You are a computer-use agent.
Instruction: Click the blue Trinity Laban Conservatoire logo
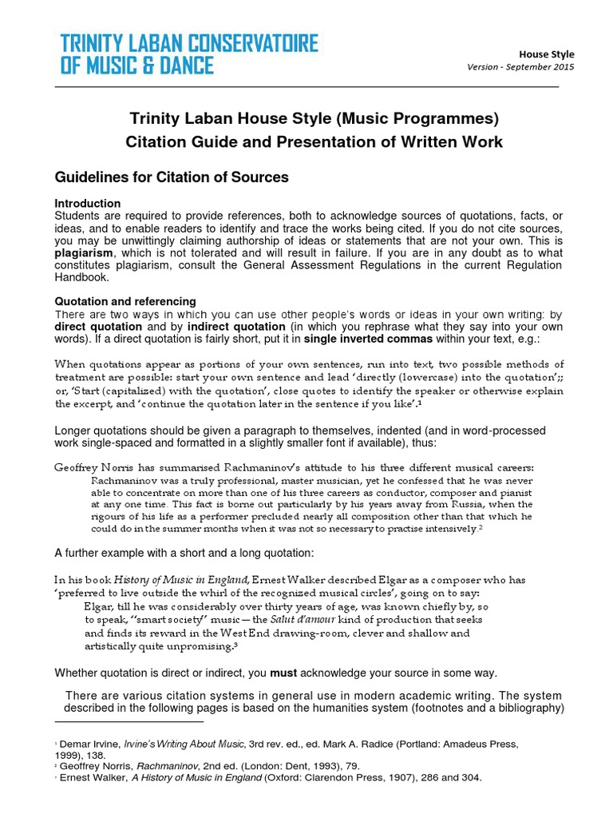[x=189, y=54]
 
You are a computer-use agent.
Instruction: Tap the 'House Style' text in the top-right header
[x=547, y=54]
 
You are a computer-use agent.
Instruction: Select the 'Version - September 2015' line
[x=520, y=67]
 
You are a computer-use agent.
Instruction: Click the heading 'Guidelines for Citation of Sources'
[x=171, y=177]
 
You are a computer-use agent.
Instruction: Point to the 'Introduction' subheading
[x=87, y=204]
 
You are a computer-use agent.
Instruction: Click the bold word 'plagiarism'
[x=85, y=253]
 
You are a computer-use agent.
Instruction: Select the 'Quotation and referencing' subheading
[x=125, y=301]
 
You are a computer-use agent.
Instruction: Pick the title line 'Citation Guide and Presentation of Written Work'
[x=314, y=142]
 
